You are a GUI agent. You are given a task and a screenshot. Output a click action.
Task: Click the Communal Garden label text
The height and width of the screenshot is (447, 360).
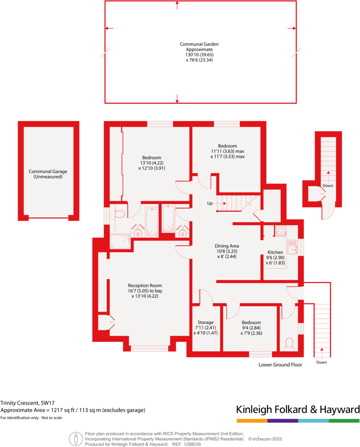(x=199, y=52)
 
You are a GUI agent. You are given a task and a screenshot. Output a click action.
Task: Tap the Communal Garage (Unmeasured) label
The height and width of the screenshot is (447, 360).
(x=48, y=174)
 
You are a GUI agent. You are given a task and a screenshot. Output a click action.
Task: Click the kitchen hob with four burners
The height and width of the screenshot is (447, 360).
(x=280, y=231)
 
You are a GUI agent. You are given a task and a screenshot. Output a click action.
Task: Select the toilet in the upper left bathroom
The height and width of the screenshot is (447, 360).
(x=119, y=214)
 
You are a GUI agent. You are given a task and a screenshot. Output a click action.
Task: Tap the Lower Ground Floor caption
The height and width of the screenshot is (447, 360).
(x=280, y=365)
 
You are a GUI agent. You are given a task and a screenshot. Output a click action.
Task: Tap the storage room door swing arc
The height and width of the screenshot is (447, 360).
(x=207, y=295)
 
